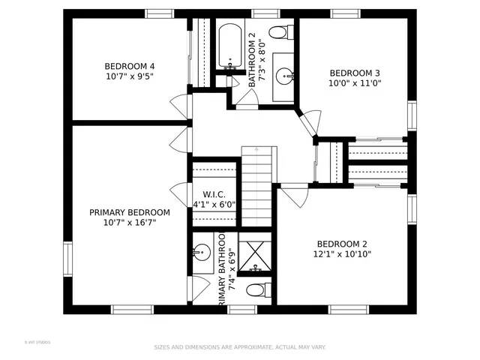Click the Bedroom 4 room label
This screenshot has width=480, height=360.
click(x=130, y=65)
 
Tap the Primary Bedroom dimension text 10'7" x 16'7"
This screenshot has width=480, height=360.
click(x=130, y=223)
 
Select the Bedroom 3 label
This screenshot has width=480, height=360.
click(x=355, y=73)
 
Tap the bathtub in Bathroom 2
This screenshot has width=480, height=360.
click(x=228, y=46)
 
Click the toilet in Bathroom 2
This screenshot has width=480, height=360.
click(x=280, y=31)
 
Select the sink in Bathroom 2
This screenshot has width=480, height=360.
click(x=283, y=75)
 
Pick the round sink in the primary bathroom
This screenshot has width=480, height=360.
click(x=201, y=253)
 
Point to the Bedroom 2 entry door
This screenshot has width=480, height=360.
click(x=296, y=196)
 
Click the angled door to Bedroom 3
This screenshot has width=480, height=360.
click(x=307, y=122)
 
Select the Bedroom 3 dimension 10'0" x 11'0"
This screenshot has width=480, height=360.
click(x=355, y=84)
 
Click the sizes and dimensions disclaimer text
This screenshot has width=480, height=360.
click(x=239, y=347)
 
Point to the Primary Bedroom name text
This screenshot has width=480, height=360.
click(x=130, y=212)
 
